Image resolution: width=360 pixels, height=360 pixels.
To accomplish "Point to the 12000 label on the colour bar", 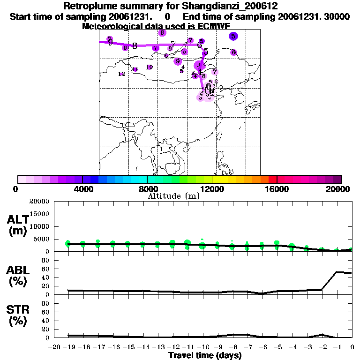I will pyautogui.click(x=212, y=189).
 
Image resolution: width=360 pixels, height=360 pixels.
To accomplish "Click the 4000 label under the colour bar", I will pyautogui.click(x=82, y=189).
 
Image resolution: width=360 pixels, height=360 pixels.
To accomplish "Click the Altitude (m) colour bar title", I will pyautogui.click(x=174, y=196).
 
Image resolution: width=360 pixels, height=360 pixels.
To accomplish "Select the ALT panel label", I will pyautogui.click(x=17, y=220).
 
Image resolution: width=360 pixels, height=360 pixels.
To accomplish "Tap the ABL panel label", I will pyautogui.click(x=17, y=271).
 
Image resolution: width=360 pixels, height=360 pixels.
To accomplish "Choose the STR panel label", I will pyautogui.click(x=17, y=310).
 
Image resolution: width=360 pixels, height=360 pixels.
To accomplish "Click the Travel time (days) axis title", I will pyautogui.click(x=205, y=356).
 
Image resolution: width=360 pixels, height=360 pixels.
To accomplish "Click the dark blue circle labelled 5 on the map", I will pyautogui.click(x=233, y=36).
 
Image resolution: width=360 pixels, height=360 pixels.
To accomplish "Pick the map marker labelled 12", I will pyautogui.click(x=121, y=74).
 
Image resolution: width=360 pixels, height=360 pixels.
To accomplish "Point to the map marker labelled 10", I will pyautogui.click(x=149, y=67).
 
